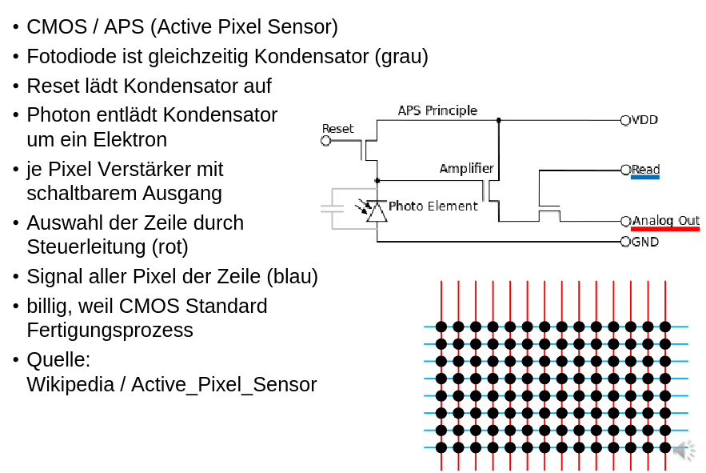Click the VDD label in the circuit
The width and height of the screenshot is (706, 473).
coord(645,120)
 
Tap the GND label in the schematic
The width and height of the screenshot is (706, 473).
coord(645,242)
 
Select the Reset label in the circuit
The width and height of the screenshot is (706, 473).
coord(337,129)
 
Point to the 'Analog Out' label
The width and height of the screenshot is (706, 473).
coord(666,220)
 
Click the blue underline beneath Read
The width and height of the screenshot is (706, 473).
coord(645,178)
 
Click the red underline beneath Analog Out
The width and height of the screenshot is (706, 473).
coord(664,229)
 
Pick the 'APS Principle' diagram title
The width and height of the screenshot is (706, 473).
coord(437,110)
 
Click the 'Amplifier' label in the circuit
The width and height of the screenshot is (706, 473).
coord(466,169)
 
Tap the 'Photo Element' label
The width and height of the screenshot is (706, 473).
coord(433,206)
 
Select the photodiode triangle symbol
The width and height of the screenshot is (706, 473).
coord(377,212)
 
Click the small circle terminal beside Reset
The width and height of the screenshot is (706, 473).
coord(325,142)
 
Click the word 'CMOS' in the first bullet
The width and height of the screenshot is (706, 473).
coord(54,27)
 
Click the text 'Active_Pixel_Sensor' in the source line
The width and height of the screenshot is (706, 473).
coord(224,384)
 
